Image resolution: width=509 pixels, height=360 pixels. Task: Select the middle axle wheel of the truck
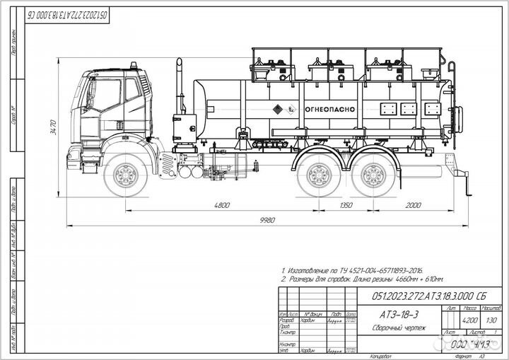tap(316, 175)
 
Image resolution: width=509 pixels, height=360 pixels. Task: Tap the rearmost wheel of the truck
tap(371, 175)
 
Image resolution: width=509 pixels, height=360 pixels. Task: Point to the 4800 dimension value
tap(222, 206)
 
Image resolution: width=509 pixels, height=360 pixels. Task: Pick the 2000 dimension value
tap(414, 206)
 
